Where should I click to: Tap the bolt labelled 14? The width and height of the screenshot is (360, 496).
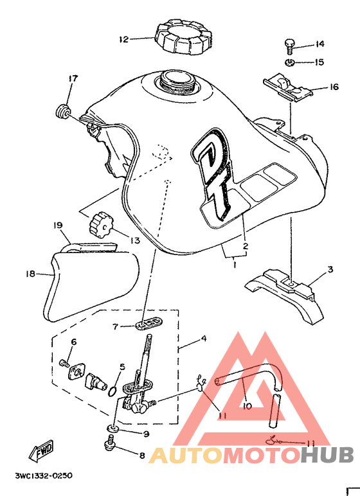click(290, 47)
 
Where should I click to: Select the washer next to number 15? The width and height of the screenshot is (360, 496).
click(290, 62)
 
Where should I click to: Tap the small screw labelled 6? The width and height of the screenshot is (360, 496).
click(64, 363)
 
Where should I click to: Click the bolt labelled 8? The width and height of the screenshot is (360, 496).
click(110, 443)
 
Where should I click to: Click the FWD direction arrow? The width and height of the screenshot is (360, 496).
click(41, 451)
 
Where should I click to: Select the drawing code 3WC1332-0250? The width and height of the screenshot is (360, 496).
click(44, 475)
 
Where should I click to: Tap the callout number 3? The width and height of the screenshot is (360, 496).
click(330, 270)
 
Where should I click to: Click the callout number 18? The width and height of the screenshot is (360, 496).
click(30, 274)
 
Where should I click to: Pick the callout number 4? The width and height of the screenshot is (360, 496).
click(204, 339)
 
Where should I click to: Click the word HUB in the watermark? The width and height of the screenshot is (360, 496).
click(327, 456)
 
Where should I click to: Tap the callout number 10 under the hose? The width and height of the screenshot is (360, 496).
click(247, 405)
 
